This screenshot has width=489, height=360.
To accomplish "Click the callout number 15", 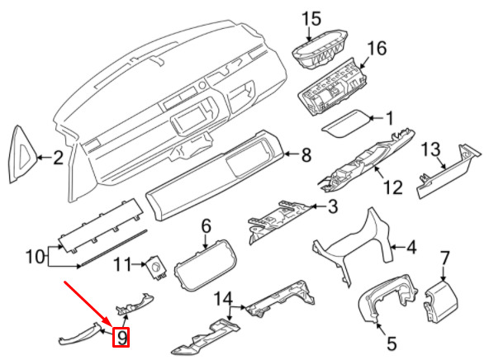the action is [311, 19].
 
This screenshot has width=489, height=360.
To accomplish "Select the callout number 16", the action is [377, 49].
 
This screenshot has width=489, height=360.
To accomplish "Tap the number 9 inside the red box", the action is [121, 337].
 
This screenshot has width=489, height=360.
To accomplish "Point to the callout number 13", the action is [431, 149].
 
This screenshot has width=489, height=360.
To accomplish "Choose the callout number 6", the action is [207, 226].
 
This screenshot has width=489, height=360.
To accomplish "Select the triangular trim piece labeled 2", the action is [22, 154].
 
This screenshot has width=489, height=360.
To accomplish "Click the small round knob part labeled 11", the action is [155, 268].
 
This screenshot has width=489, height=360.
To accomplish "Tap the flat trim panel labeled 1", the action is [345, 124].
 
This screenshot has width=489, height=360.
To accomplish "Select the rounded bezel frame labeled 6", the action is [205, 265].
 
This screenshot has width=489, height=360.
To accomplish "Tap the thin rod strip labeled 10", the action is [112, 249].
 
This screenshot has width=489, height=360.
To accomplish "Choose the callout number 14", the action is [223, 299].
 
